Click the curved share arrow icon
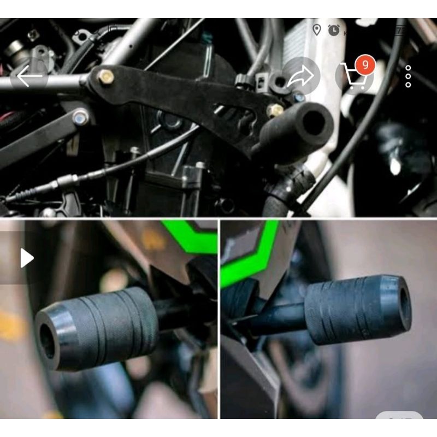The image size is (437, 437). (301, 76)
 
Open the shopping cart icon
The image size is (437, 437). (353, 78)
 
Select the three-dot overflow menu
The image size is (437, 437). (408, 76)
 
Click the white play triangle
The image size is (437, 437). (27, 258)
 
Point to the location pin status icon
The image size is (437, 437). (316, 30)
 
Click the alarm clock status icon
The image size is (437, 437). (333, 31)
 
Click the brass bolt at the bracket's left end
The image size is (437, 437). (105, 77)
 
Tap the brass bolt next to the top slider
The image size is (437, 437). (275, 110)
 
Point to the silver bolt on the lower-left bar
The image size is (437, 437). (81, 116)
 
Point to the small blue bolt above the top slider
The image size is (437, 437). (299, 98)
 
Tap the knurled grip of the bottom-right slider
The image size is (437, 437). (344, 311)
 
